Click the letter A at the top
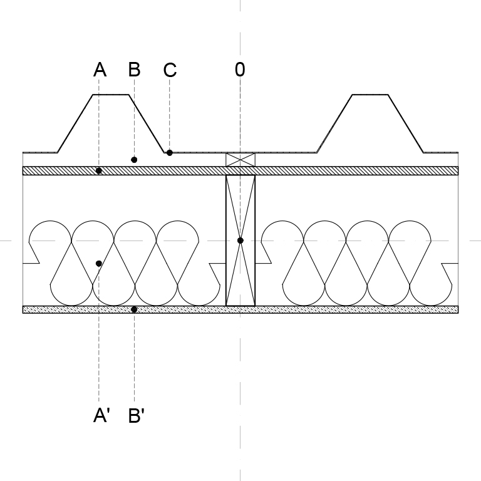[100, 70]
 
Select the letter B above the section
[135, 70]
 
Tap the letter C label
[170, 70]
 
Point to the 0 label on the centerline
[240, 70]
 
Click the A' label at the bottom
[101, 416]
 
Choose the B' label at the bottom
[136, 416]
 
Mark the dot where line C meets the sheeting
[169, 152]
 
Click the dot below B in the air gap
[134, 160]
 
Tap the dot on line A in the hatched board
[99, 171]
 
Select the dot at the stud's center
[240, 240]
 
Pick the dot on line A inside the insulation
[99, 264]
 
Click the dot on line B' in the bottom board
[134, 309]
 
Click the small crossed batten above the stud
[240, 160]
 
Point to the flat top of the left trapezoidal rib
[111, 95]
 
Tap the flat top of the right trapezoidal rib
[370, 95]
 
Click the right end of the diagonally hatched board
[458, 171]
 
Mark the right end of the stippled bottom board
[458, 309]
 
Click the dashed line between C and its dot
[169, 114]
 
